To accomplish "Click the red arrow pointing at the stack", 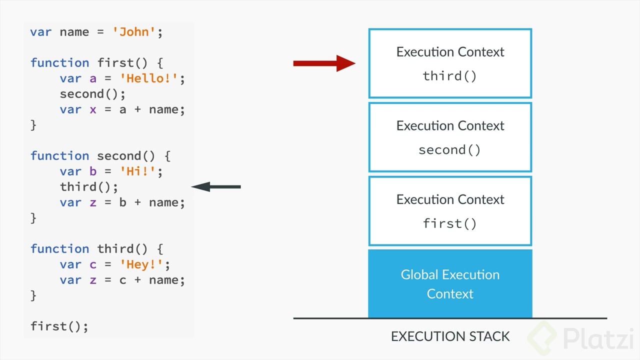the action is [324, 63].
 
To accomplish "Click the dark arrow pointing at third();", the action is [216, 187].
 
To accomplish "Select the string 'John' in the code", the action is [134, 32].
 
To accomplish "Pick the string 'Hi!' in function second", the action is [137, 171].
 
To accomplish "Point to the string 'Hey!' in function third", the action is [141, 264].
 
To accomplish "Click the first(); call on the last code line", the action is [59, 326].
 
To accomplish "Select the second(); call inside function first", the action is [92, 94].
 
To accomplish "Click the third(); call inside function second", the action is [89, 187].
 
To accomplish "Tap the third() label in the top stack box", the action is [449, 76].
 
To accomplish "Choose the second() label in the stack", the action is [449, 150].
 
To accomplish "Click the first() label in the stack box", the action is [449, 223].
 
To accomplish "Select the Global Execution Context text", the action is [450, 284].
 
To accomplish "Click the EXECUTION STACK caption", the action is [450, 336].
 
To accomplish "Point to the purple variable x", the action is [93, 109].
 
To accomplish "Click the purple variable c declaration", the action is [93, 265].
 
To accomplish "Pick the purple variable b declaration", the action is [93, 171].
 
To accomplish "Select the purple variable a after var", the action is [93, 78].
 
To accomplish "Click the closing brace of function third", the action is [33, 295].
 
